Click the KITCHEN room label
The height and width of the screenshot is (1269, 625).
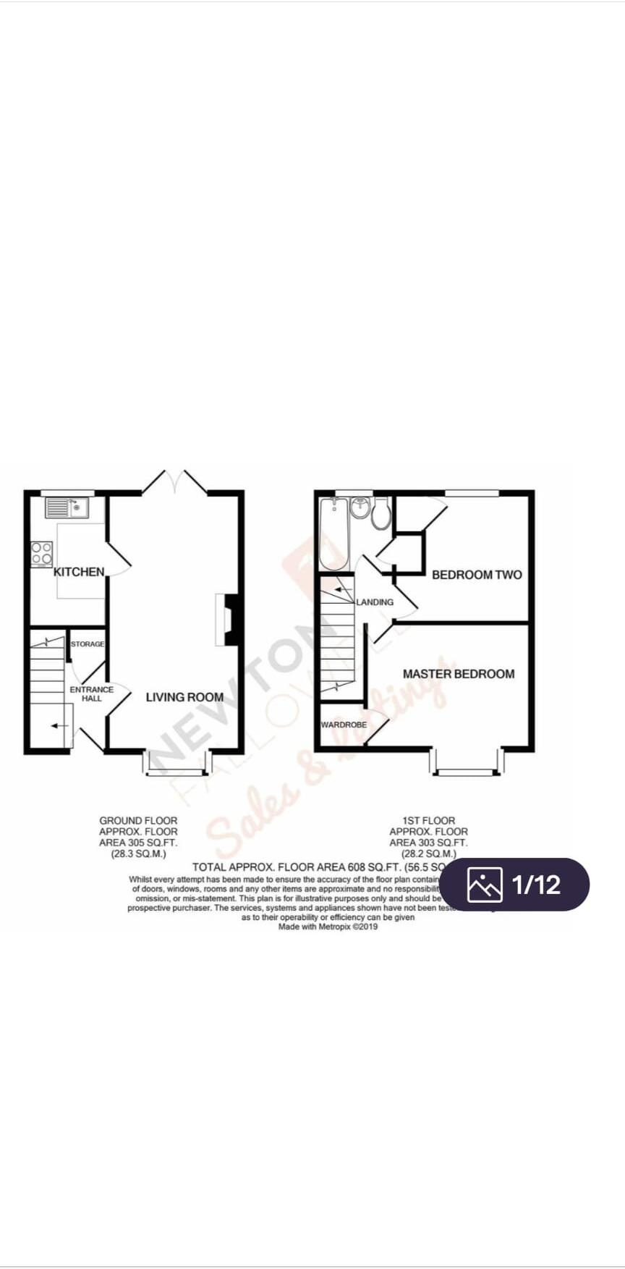pos(79,572)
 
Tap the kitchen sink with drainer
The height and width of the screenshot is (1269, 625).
pos(67,507)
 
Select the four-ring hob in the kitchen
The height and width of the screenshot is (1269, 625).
pos(42,554)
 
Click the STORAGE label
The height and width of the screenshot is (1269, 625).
pos(88,644)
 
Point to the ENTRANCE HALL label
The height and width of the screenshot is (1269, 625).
pos(92,693)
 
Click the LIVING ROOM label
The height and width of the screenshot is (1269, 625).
pos(184,697)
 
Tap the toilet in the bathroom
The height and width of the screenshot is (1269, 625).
pos(381,513)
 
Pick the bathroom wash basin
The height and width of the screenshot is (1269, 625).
pos(360,507)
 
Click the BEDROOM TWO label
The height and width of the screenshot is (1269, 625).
pos(476,575)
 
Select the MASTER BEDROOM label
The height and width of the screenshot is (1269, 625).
pos(459,674)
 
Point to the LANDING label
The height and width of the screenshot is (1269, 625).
pos(375,602)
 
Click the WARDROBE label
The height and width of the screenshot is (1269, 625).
pos(344,725)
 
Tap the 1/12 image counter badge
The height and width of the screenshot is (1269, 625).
pos(514,884)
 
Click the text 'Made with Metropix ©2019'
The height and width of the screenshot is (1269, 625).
pos(328,926)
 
